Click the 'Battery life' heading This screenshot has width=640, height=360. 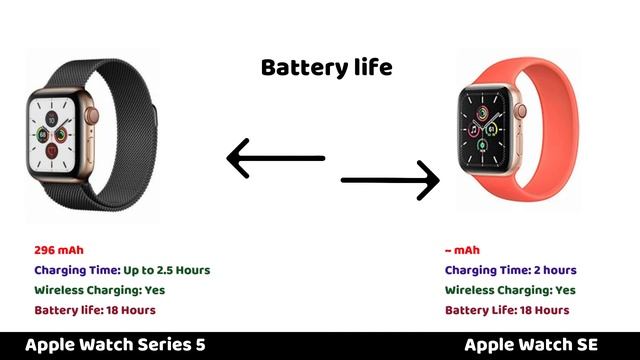pos(326,68)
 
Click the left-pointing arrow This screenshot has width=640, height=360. pos(276,157)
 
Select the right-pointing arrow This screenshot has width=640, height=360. pos(390,180)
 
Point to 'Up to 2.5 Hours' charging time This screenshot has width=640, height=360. pos(166,270)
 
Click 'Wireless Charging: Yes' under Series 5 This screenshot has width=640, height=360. pos(99,290)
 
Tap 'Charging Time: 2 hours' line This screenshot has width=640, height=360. pos(510,270)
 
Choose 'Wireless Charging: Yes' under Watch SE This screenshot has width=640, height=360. pos(510,290)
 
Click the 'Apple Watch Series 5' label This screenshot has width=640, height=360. pos(115,345)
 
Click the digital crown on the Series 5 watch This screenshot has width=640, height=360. pos(97,118)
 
